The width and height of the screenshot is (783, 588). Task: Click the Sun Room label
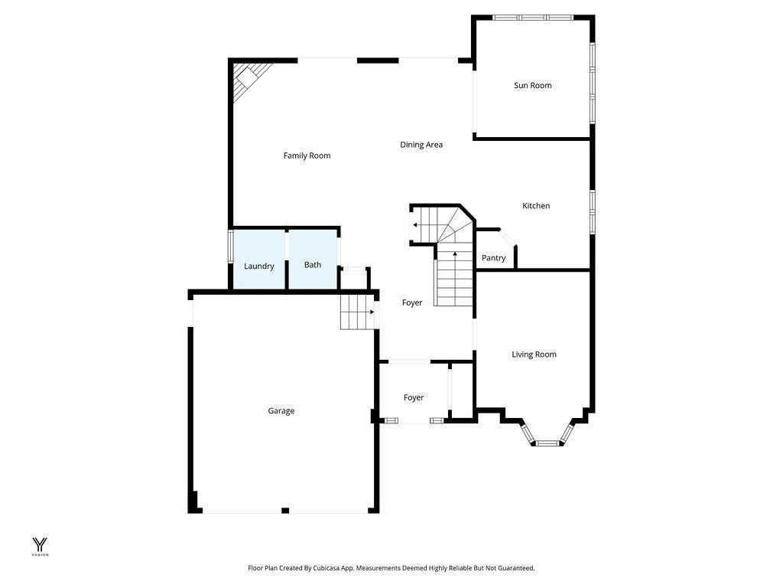[x=532, y=86]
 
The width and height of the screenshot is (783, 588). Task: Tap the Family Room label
[x=307, y=155]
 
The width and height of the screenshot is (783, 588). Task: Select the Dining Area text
[x=421, y=145]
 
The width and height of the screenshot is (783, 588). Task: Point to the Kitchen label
[x=536, y=206]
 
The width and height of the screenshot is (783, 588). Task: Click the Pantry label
[x=493, y=258]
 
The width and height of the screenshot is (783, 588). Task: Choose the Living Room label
[x=534, y=354]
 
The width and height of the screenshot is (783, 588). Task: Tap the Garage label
[x=281, y=411]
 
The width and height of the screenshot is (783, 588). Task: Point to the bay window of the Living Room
[x=546, y=441]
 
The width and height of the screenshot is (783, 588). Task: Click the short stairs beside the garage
[x=356, y=312]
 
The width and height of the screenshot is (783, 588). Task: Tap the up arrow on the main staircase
[x=456, y=253]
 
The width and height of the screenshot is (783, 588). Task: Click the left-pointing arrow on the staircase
[x=414, y=225]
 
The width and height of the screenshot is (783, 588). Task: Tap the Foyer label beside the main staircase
[x=412, y=303]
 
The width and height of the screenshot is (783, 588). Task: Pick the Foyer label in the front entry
[x=414, y=398]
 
